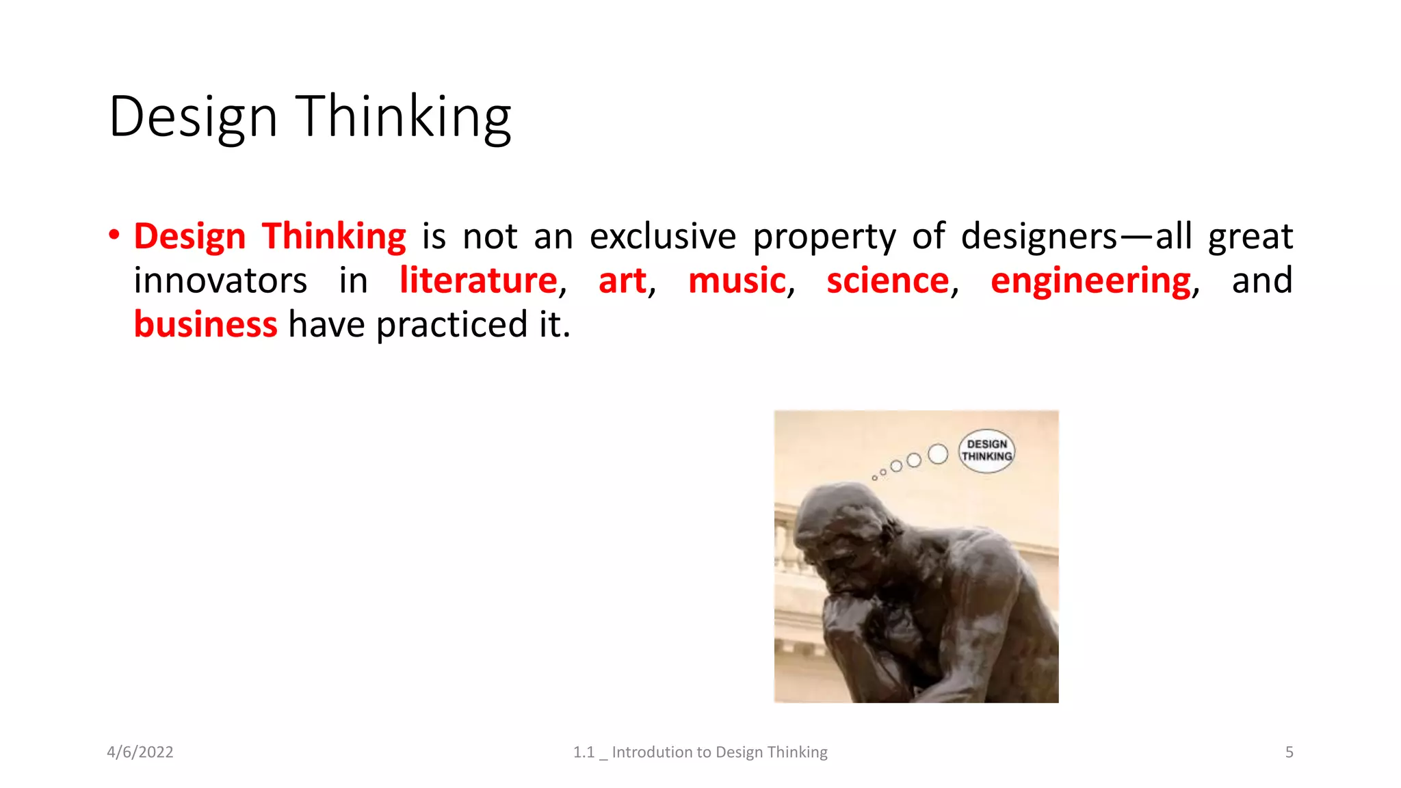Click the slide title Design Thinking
(310, 117)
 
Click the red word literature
(478, 280)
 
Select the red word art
(622, 280)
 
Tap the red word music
(737, 280)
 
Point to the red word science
(887, 280)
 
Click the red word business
(205, 324)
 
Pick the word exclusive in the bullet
(662, 237)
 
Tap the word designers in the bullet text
(1038, 237)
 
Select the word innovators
(220, 281)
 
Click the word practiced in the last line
(451, 326)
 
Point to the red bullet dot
(114, 235)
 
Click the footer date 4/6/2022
(140, 752)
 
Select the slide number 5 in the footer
(1289, 752)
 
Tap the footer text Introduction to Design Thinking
(719, 752)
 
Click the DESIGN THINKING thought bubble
(986, 451)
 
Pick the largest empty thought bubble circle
(938, 454)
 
